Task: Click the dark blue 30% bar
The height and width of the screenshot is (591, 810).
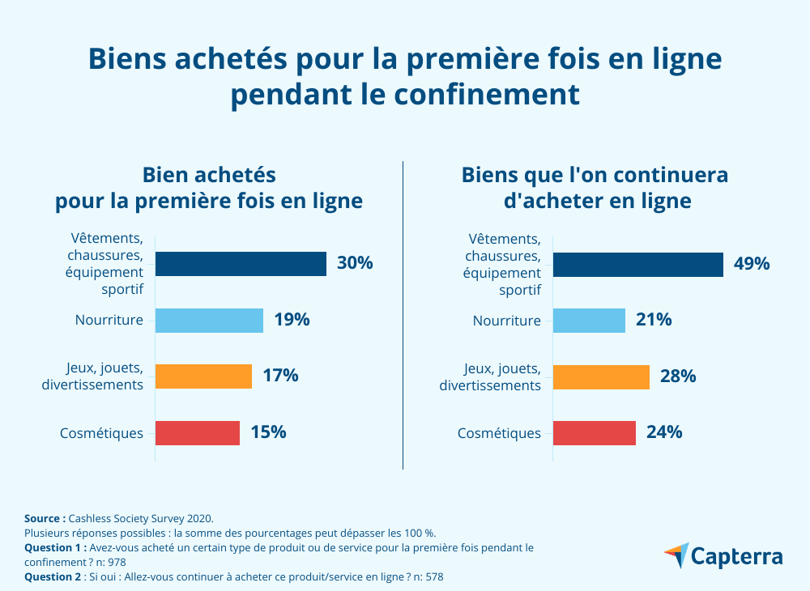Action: coord(241,264)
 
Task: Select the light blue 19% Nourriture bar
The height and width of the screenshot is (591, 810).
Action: coord(209,321)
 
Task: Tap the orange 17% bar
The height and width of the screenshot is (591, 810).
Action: coord(203,376)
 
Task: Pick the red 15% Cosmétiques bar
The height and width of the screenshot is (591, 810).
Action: coord(198,433)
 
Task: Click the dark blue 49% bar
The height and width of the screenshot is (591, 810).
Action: coord(638,264)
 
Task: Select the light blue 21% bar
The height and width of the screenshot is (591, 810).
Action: coord(589,321)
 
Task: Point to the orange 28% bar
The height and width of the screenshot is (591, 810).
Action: coord(601,376)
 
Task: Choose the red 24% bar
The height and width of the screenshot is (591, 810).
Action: coord(595,433)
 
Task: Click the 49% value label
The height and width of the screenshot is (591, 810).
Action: coord(752,264)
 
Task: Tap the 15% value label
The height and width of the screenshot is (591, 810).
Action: coord(268,432)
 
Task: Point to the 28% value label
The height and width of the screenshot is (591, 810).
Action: coord(678,376)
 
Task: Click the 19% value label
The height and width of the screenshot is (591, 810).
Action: coord(292,320)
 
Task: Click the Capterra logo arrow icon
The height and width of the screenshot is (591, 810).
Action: coord(676,555)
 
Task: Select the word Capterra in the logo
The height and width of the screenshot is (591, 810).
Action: coord(737,557)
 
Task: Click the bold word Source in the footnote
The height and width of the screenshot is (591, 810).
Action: coord(45,517)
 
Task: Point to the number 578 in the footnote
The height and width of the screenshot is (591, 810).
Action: coord(433,577)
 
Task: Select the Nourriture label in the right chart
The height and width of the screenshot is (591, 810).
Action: coord(506,321)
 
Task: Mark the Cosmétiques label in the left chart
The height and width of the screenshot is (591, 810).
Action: coord(101,433)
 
